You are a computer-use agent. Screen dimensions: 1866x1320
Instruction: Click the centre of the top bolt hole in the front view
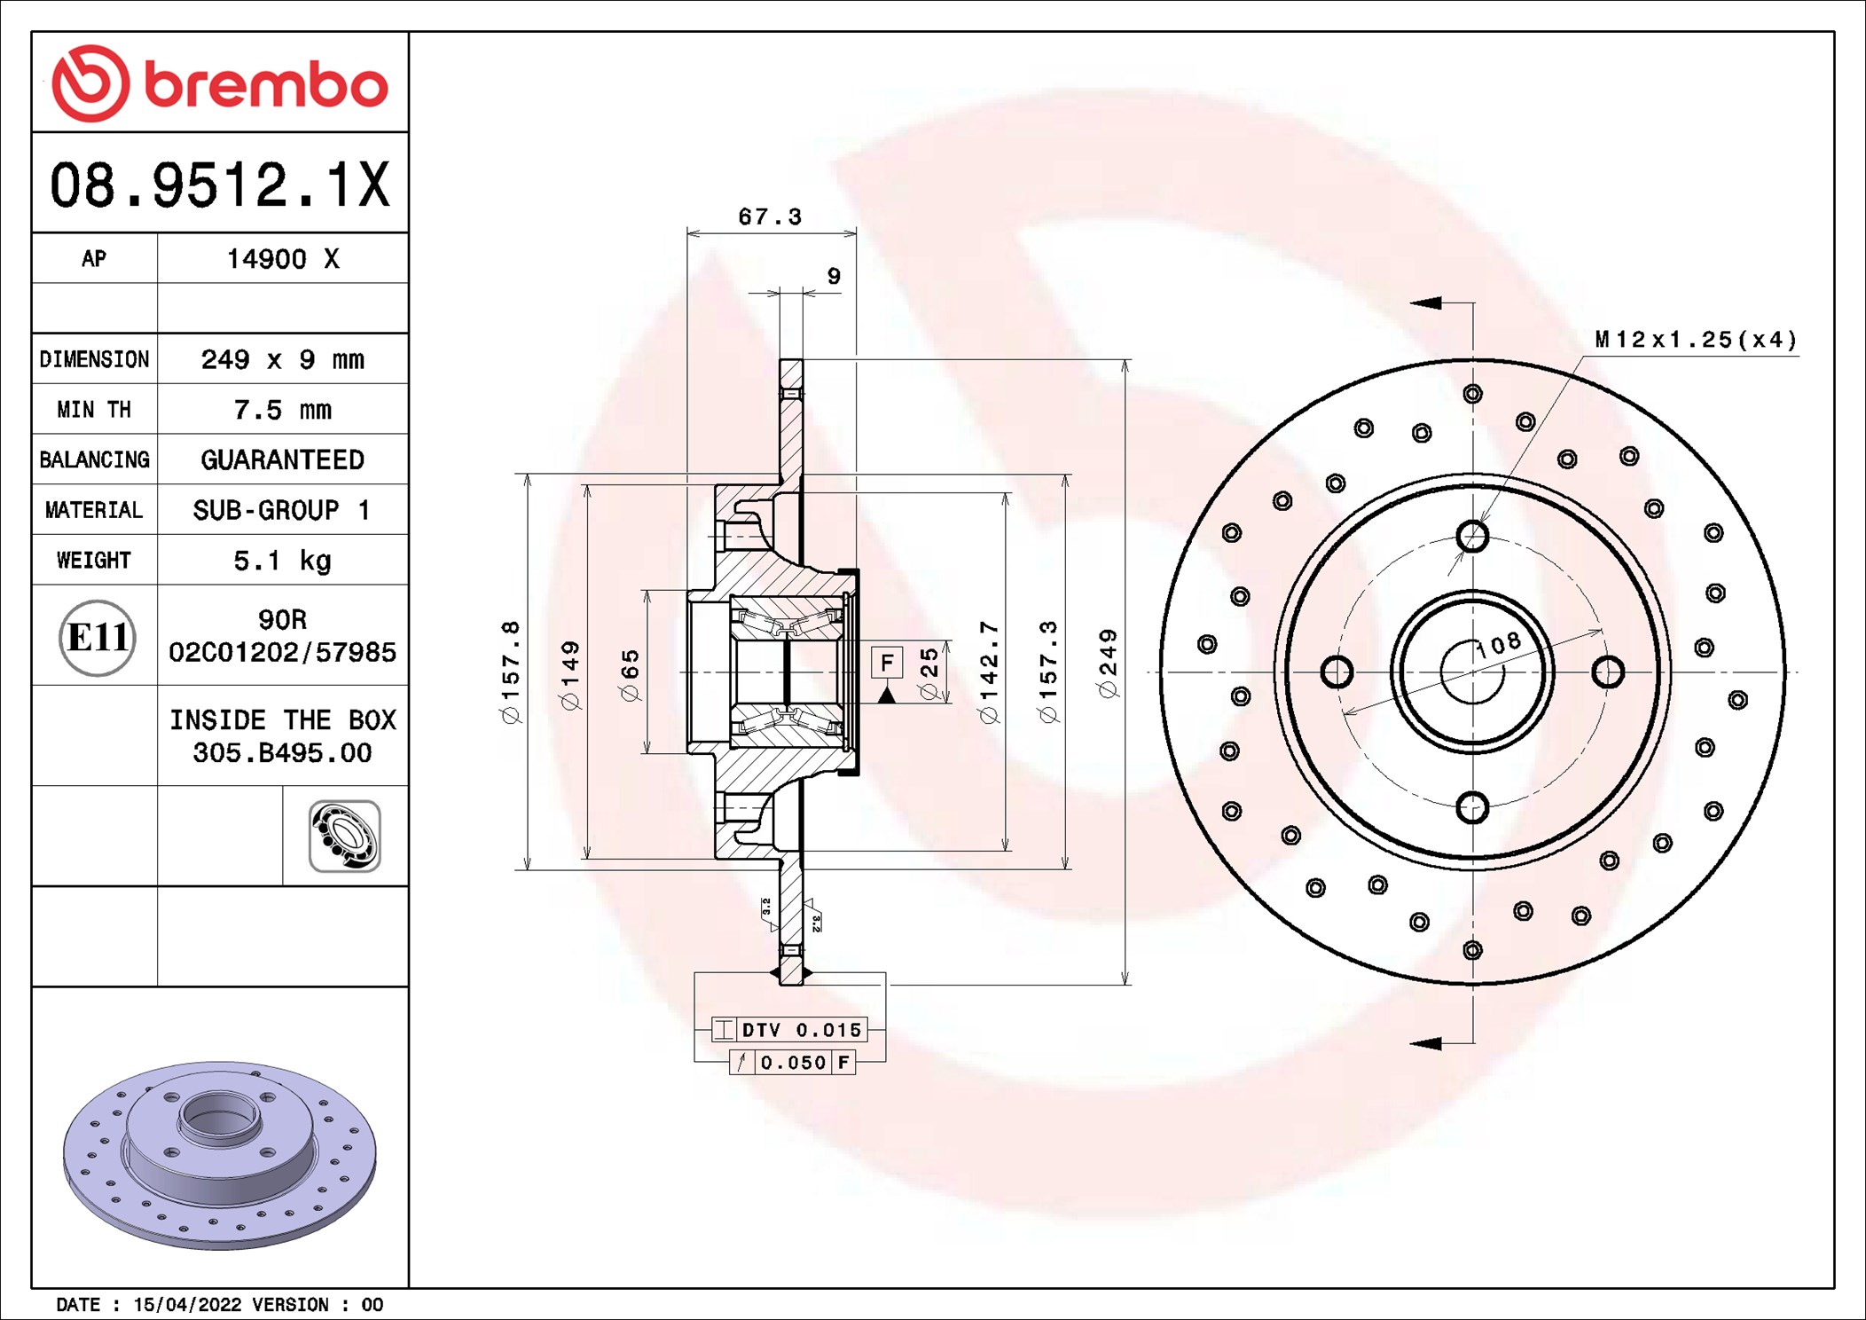pyautogui.click(x=1472, y=536)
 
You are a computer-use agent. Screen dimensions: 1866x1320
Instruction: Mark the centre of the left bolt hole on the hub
pyautogui.click(x=1337, y=672)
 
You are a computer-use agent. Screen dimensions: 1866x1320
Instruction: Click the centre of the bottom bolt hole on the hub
pyautogui.click(x=1472, y=807)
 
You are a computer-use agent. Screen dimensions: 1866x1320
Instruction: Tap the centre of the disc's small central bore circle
pyautogui.click(x=1472, y=672)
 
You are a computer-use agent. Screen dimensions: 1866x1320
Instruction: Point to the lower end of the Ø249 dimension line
pyautogui.click(x=1125, y=985)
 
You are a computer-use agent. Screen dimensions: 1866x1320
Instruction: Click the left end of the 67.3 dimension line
pyautogui.click(x=687, y=233)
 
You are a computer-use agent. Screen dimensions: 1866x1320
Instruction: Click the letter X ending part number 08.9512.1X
pyautogui.click(x=373, y=185)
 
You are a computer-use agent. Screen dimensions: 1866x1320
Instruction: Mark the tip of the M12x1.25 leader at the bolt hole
pyautogui.click(x=1479, y=524)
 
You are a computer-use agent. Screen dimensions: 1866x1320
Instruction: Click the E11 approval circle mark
pyautogui.click(x=98, y=637)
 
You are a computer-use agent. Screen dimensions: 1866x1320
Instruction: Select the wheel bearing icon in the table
pyautogui.click(x=345, y=836)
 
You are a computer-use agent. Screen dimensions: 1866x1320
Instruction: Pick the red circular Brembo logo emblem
pyautogui.click(x=90, y=83)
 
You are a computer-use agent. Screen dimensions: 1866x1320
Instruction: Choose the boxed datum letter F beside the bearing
pyautogui.click(x=887, y=662)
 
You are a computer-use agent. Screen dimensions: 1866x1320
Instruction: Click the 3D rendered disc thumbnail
pyautogui.click(x=220, y=1155)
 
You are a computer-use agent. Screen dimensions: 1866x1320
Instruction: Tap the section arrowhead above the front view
pyautogui.click(x=1425, y=302)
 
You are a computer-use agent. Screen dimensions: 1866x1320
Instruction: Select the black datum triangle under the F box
pyautogui.click(x=886, y=695)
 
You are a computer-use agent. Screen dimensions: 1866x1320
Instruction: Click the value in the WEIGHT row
pyautogui.click(x=282, y=561)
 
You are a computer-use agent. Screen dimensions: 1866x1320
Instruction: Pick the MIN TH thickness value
pyautogui.click(x=282, y=410)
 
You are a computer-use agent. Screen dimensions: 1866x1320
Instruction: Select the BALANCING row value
pyautogui.click(x=282, y=460)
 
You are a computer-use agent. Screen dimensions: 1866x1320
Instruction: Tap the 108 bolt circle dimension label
pyautogui.click(x=1499, y=645)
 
